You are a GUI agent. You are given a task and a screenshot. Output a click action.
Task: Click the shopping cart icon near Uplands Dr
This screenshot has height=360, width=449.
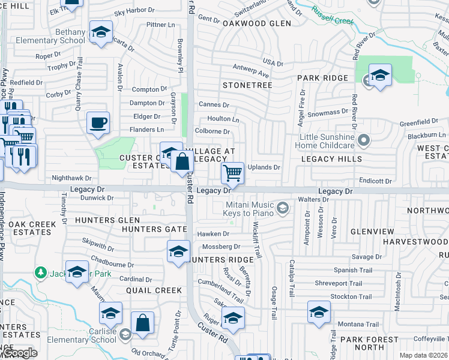pos(232,173)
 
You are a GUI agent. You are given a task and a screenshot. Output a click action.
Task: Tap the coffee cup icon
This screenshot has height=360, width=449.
pos(98,123)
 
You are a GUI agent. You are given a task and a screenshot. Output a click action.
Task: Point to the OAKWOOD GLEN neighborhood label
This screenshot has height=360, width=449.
pos(256,23)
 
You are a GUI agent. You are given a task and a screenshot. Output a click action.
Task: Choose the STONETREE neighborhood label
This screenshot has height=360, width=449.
pos(247,85)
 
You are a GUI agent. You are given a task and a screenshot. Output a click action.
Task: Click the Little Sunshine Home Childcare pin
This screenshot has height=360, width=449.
pos(363,140)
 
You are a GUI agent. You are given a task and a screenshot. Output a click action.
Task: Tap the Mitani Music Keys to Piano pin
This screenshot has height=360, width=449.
pos(283,209)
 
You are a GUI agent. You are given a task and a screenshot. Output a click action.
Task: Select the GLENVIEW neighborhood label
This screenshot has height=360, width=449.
pos(372,232)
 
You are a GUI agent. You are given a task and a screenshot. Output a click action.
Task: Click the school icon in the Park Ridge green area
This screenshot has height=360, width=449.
pos(380,76)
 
